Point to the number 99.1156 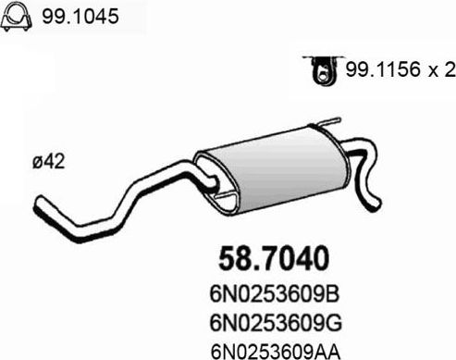click(x=376, y=71)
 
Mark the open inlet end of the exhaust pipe click(x=39, y=204)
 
